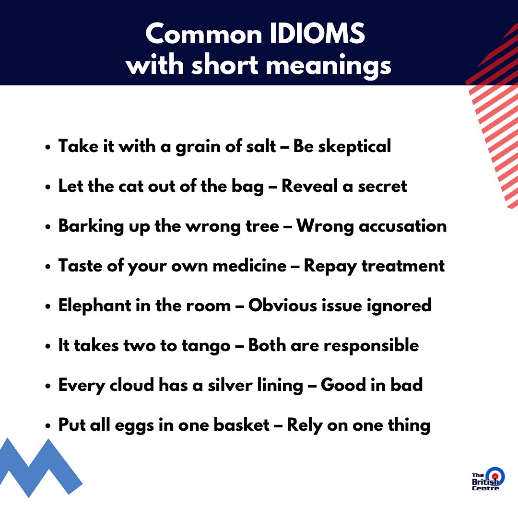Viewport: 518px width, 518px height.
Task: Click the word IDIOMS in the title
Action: (x=317, y=34)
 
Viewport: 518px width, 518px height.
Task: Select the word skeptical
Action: (x=354, y=147)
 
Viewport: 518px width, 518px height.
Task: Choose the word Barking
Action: (x=91, y=226)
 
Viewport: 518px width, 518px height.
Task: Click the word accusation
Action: (x=403, y=226)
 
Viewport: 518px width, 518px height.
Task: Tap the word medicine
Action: (x=249, y=266)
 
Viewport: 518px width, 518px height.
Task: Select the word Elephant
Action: (x=95, y=305)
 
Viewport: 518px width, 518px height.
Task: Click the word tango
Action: (x=206, y=346)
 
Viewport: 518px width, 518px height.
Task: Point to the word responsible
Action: (x=371, y=345)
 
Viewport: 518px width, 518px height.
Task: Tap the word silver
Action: (x=230, y=385)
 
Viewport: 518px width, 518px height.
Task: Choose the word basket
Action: (x=241, y=424)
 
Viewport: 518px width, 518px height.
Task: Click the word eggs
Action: (x=134, y=425)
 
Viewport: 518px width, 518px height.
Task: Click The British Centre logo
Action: (x=488, y=479)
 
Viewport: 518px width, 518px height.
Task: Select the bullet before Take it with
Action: (x=48, y=147)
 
